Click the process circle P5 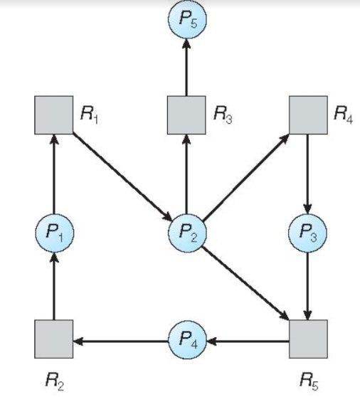pos(187,18)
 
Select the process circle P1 pos(55,233)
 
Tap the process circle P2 pos(187,233)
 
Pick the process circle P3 pos(307,233)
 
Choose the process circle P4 pos(187,340)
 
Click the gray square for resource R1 pos(53,115)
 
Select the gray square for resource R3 pos(186,115)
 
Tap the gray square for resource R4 pos(308,115)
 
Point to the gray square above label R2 pos(53,339)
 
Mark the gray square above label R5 pos(308,339)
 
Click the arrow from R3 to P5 pos(186,67)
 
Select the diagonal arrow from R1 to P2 pos(122,176)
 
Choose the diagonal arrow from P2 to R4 pos(246,176)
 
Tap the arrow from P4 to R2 pos(120,341)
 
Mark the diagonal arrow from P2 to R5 pos(245,282)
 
